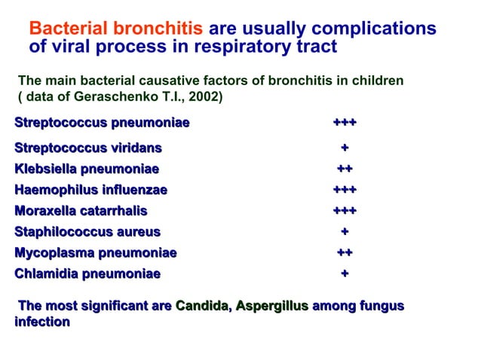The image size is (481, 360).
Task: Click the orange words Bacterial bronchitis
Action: tap(115, 29)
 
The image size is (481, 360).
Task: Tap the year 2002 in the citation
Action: tap(205, 97)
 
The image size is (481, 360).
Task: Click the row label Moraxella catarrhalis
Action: tap(81, 211)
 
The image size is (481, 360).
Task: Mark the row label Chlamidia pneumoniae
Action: tap(87, 274)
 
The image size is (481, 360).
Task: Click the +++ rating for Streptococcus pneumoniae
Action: tap(345, 123)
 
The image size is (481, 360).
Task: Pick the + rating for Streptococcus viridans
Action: tap(345, 148)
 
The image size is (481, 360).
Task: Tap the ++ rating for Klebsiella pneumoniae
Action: tap(345, 169)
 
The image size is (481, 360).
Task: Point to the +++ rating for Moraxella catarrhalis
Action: tap(345, 211)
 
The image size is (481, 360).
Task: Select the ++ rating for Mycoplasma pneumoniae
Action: tap(345, 253)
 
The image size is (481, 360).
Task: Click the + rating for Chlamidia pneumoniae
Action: tap(345, 274)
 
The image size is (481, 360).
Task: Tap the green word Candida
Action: tap(202, 306)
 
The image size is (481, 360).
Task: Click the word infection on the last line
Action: tap(42, 322)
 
